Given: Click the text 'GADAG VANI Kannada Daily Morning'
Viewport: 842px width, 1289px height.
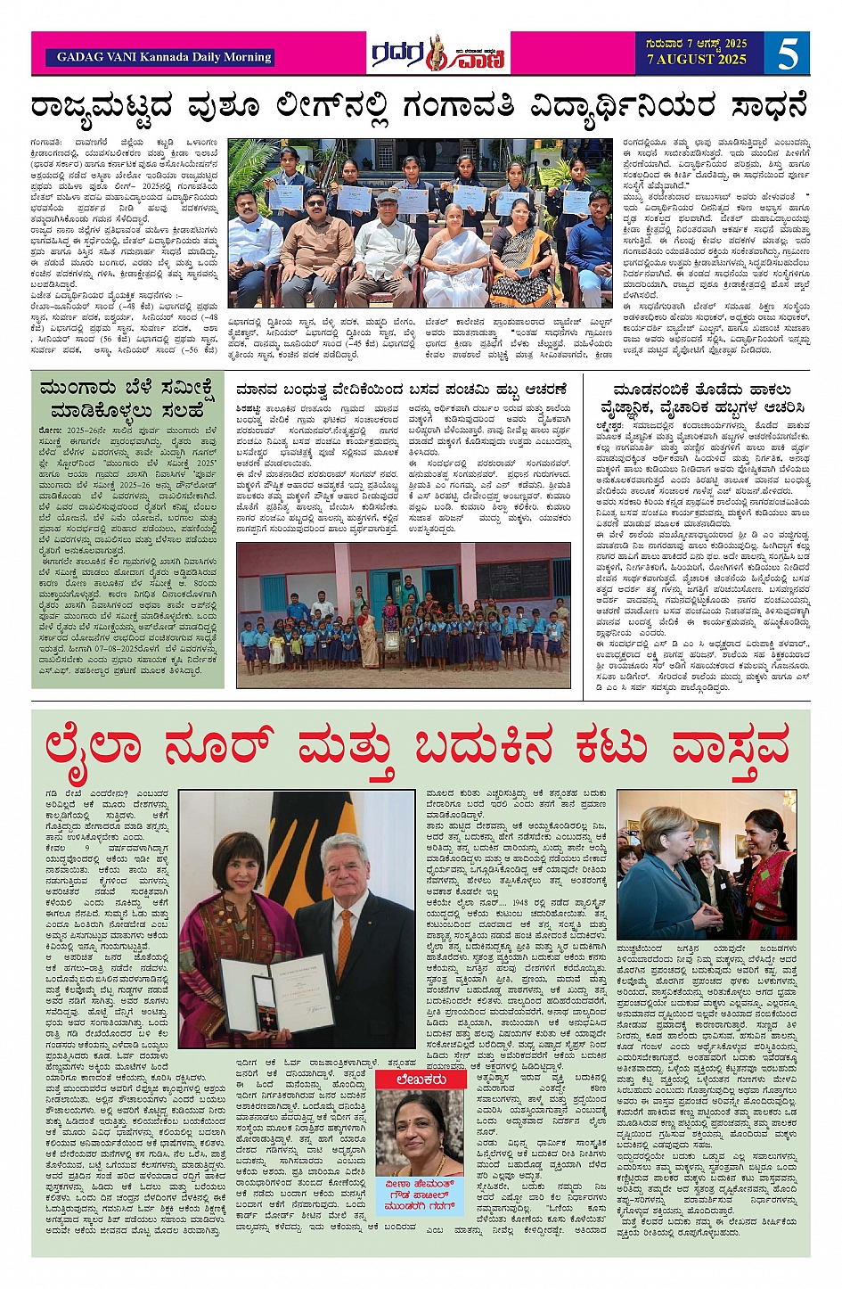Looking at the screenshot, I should click(x=164, y=57).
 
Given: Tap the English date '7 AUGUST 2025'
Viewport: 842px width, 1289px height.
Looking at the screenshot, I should click(x=696, y=60).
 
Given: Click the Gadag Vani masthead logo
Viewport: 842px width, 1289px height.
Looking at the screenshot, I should click(x=439, y=54).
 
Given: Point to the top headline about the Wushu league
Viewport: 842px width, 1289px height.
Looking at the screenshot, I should click(x=419, y=107).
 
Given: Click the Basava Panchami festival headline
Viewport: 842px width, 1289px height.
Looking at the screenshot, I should click(x=401, y=390).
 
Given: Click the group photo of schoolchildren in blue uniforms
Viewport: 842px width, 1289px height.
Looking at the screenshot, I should click(x=403, y=615).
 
